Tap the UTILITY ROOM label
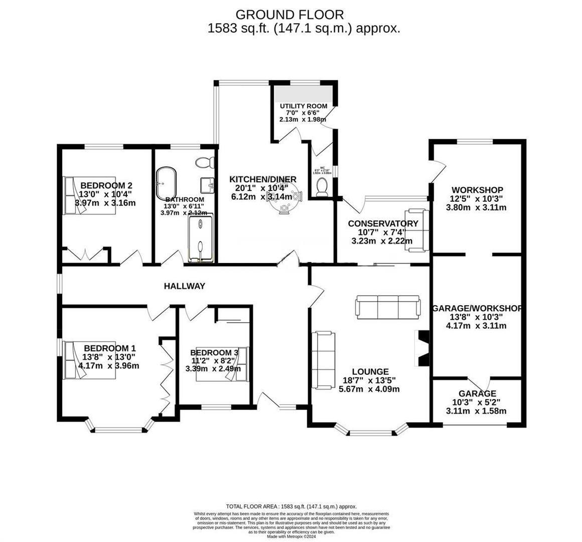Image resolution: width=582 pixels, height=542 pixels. pos(304,106)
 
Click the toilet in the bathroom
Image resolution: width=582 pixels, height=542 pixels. pos(205,163)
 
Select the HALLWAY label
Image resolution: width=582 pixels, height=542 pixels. pos(185,286)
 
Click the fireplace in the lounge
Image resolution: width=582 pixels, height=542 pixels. pos(420,349)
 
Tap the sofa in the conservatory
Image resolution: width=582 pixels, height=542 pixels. pos(418,229)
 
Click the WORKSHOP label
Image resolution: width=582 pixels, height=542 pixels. pos(477,190)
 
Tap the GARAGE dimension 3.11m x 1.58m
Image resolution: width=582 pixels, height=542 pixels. pos(476,411)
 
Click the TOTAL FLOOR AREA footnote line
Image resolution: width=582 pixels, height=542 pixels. pos(292,507)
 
